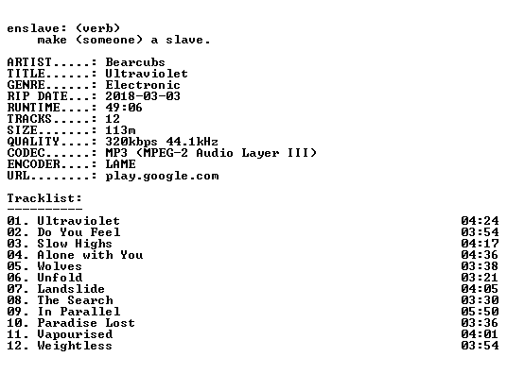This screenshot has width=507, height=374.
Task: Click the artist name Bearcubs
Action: point(135,62)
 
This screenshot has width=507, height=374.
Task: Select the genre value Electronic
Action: point(143,85)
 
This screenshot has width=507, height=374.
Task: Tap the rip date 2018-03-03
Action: point(143,96)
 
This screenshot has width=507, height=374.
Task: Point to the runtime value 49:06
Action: point(124,108)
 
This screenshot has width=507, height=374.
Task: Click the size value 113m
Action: point(120,130)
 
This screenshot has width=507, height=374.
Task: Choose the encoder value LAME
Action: point(120,164)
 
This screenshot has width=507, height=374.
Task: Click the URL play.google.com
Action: point(162,176)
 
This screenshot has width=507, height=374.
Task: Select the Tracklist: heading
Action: point(44,198)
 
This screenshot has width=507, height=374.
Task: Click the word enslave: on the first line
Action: point(37,28)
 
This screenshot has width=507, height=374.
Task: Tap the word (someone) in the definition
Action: point(109,40)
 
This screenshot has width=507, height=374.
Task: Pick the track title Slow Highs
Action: point(75,244)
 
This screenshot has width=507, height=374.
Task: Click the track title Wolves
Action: point(60,266)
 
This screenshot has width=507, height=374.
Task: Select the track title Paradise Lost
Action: point(86,323)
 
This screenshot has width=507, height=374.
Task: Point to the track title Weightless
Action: point(75,346)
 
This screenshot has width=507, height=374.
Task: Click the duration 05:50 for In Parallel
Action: point(480,312)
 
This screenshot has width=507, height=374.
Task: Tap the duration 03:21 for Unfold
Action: point(480,278)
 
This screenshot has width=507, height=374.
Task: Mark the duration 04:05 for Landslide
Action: point(480,289)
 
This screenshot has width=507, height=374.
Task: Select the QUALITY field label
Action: point(33,142)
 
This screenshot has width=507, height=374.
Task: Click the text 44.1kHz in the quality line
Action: point(192,142)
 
